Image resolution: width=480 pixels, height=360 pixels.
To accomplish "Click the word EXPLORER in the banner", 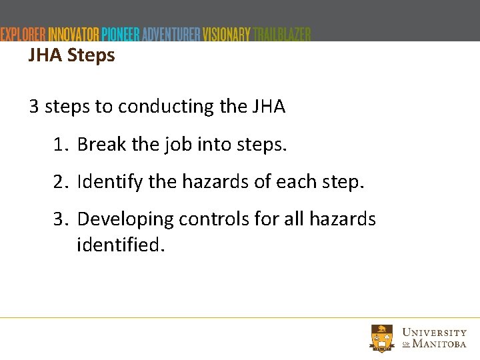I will [23, 35].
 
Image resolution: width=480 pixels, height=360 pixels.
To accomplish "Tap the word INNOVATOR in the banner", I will [74, 35].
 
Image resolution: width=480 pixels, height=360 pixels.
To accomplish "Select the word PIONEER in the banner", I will [120, 35].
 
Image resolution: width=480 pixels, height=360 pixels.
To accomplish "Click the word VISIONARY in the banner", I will [227, 35].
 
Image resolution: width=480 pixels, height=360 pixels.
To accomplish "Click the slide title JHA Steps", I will [71, 55].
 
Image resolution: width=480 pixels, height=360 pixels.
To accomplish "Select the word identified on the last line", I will [119, 245].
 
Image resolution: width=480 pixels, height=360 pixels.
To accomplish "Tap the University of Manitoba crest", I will [383, 338].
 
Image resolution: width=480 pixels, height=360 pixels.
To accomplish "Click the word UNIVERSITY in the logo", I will [435, 333].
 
